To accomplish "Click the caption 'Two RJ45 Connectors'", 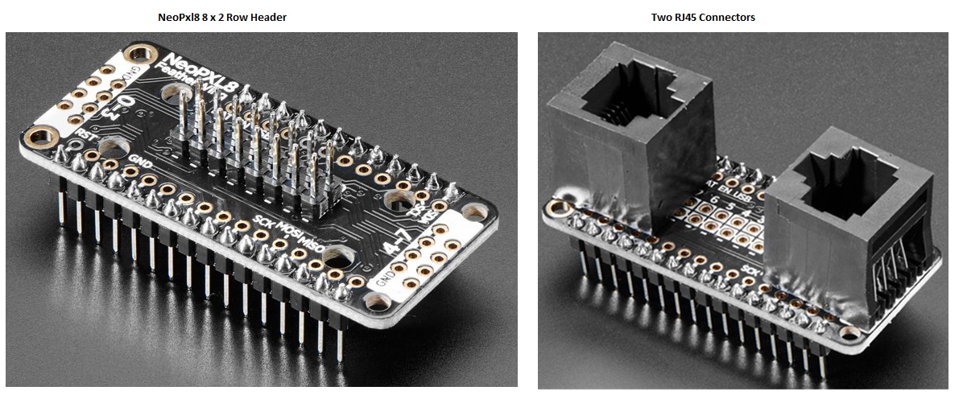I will pos(703,17).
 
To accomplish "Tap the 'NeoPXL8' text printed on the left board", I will pos(194,73).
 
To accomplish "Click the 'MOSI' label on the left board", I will pos(287,232).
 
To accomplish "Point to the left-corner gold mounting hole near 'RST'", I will pos(38,136).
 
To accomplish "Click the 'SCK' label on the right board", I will pos(752,267).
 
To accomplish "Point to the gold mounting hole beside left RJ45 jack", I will pos(555,212).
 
